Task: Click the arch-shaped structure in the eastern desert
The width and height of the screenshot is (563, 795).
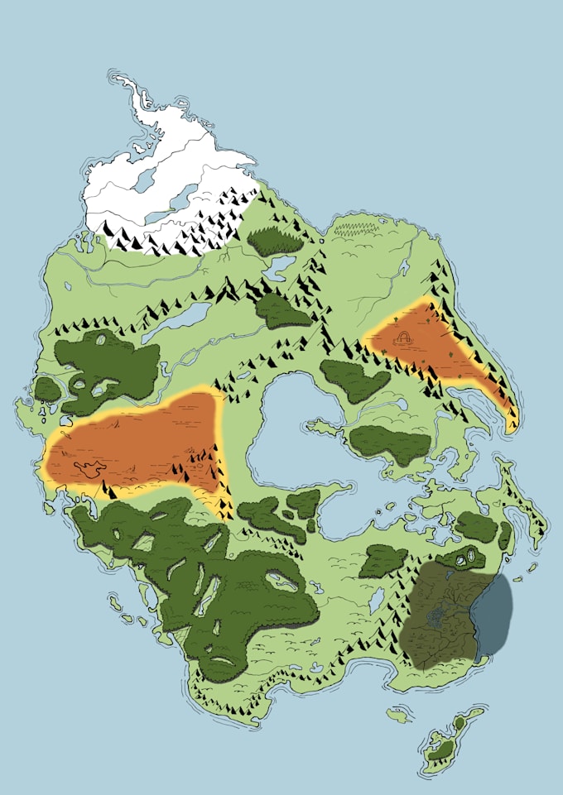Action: [x=406, y=338]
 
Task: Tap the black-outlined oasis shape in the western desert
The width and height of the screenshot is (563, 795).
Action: [x=86, y=469]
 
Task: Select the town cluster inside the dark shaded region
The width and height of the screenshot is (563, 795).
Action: [x=435, y=615]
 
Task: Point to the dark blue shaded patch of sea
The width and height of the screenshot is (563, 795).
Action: [x=494, y=613]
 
